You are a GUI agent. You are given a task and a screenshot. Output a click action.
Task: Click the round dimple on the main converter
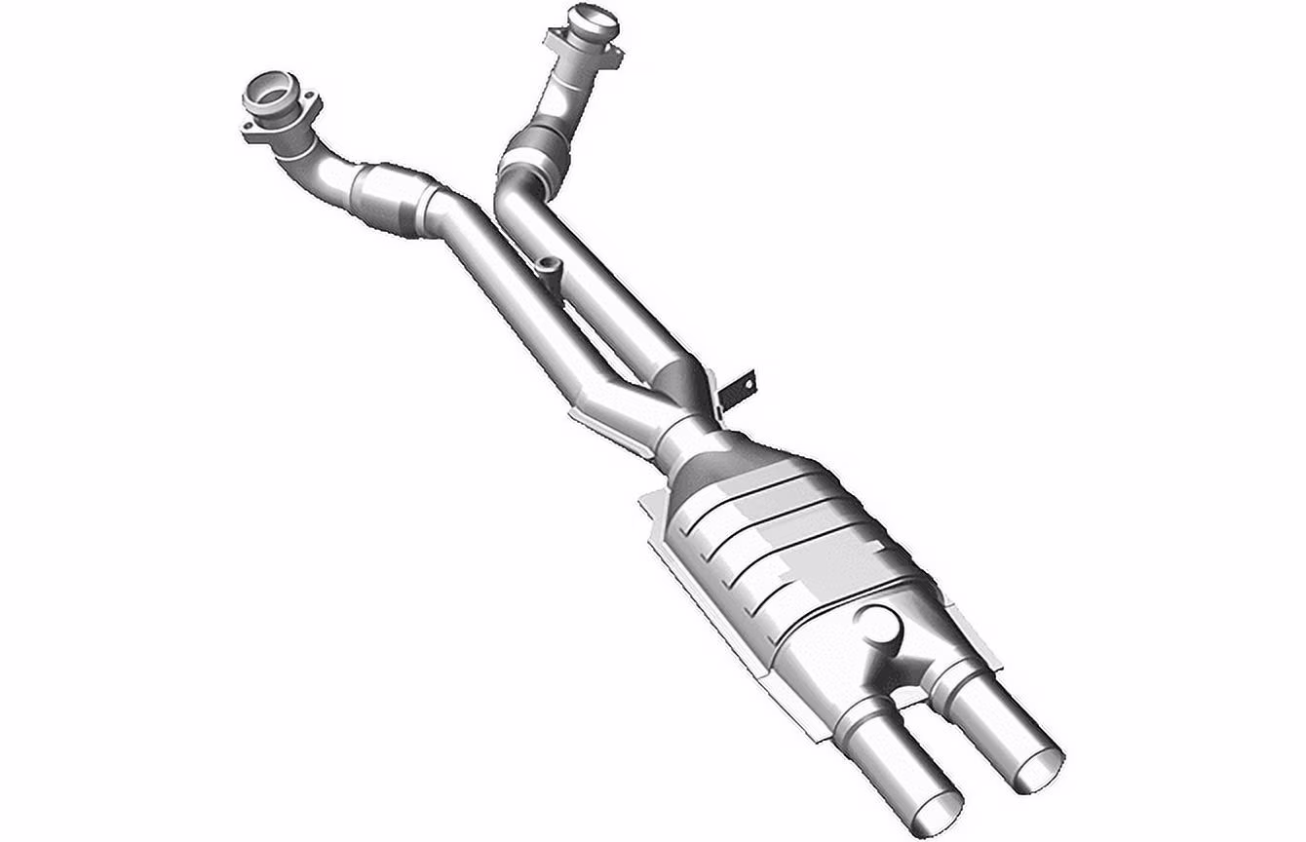click(883, 624)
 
